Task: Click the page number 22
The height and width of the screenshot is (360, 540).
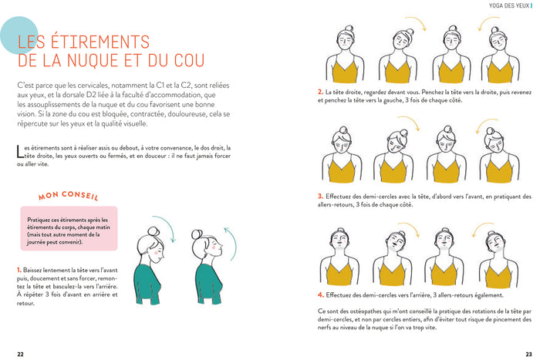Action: point(21,353)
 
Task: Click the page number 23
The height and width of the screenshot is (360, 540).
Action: point(519,353)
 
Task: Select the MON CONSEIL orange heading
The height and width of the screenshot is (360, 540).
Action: point(69,197)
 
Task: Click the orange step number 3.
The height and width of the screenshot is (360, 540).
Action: point(319,195)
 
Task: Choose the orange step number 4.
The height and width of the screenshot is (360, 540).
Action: point(319,294)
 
